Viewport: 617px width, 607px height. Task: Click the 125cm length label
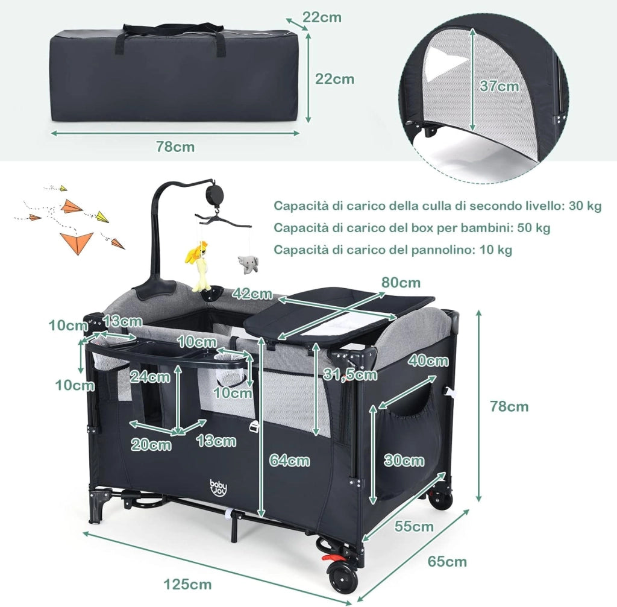(187, 583)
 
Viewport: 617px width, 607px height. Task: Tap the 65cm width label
(447, 561)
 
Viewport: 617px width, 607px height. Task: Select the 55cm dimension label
(414, 526)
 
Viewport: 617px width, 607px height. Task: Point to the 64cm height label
(290, 460)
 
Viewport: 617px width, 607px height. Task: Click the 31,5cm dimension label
(350, 374)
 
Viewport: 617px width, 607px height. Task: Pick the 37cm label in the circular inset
(499, 86)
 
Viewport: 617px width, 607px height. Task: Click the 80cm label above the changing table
(401, 282)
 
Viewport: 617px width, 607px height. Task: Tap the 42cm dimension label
(252, 294)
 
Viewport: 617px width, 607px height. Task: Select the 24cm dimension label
(150, 377)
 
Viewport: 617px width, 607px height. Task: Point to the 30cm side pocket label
(404, 460)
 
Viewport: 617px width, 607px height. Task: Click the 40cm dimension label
(428, 360)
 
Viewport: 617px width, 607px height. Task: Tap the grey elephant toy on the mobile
(248, 264)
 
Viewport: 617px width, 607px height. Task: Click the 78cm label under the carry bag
(175, 146)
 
